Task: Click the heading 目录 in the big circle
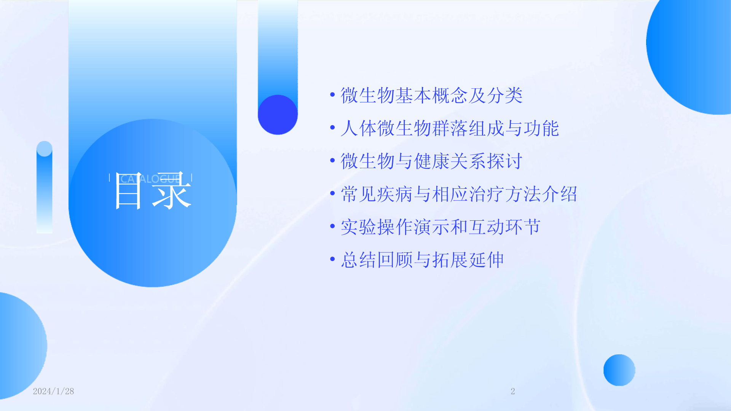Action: point(153,191)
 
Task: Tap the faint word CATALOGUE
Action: point(150,178)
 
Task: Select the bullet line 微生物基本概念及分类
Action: point(431,95)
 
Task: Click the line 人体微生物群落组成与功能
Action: point(450,128)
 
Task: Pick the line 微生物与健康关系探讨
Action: point(431,161)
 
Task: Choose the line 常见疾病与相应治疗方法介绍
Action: point(459,194)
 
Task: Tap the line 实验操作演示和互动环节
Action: point(441,227)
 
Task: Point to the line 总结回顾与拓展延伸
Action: point(422,260)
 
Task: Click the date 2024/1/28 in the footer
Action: point(53,391)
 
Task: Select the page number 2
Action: point(513,391)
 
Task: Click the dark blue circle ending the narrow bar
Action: point(278,115)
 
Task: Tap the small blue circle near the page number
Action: point(619,370)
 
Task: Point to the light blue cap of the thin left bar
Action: point(44,149)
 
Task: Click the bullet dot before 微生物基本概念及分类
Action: point(332,94)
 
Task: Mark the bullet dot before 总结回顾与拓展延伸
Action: point(332,259)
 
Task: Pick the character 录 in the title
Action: point(172,191)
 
